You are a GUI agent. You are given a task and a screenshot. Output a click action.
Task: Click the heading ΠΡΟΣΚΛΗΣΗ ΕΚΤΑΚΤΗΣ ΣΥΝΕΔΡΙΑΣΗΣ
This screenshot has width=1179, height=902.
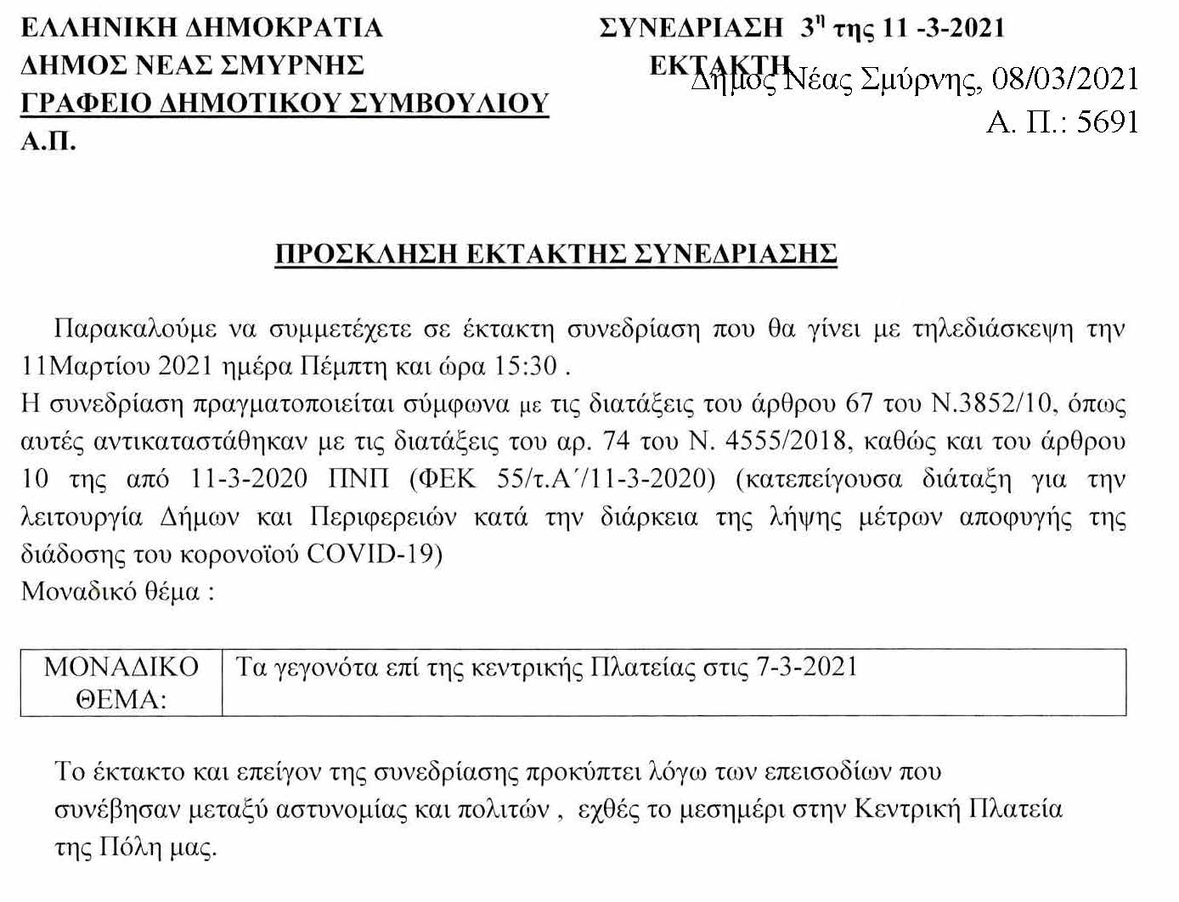(x=556, y=254)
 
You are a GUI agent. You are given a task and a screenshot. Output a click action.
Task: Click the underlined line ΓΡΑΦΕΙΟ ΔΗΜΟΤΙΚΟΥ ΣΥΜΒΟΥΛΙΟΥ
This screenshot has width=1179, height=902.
(x=285, y=103)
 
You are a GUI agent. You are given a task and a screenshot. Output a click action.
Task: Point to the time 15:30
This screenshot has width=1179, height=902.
(x=526, y=366)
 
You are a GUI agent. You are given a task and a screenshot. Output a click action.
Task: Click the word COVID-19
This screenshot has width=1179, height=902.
(x=374, y=554)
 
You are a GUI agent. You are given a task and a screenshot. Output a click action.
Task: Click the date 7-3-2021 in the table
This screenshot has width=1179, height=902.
(x=807, y=667)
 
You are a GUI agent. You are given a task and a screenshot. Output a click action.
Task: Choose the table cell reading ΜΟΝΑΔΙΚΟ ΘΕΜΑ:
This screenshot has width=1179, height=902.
(x=121, y=683)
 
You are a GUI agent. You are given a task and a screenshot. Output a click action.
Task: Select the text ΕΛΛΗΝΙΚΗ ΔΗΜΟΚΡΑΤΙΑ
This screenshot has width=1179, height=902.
(x=201, y=28)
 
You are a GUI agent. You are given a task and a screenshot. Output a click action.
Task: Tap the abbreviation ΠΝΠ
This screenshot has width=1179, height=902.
(x=358, y=478)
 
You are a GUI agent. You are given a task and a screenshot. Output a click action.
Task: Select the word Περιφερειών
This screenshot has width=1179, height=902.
(x=382, y=516)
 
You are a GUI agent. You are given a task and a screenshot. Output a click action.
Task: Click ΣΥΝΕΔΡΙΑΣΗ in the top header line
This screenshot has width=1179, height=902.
(x=691, y=28)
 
